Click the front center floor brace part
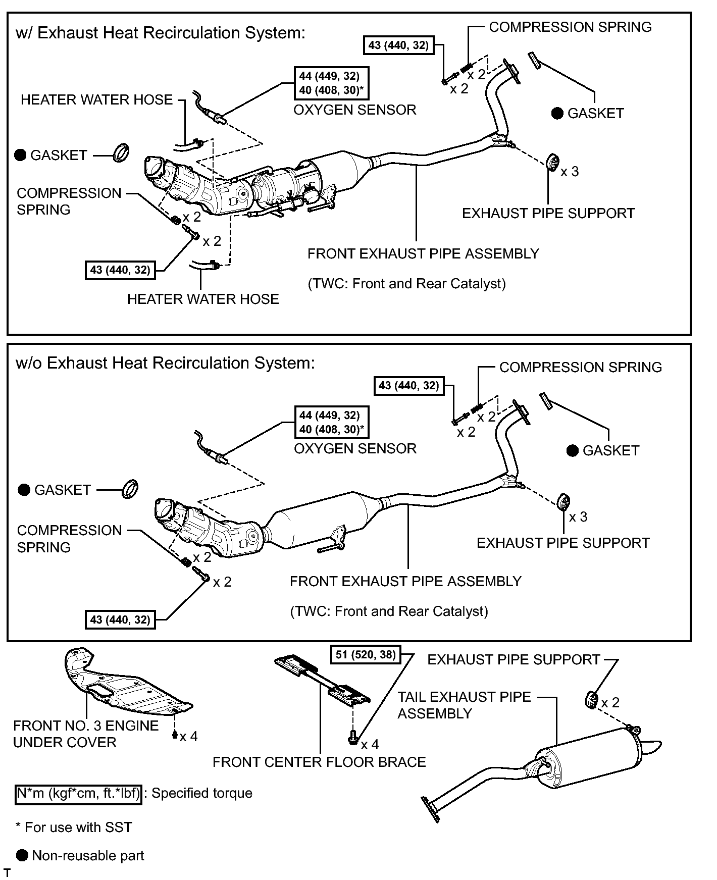[323, 679]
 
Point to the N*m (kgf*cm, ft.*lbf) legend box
[78, 793]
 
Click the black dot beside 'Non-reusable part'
[22, 855]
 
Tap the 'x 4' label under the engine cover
[188, 737]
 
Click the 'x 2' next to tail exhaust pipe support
[610, 702]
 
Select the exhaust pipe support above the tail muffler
[591, 701]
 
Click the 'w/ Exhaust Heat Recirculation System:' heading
[161, 33]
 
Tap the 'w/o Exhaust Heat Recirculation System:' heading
[165, 364]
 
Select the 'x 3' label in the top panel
[570, 172]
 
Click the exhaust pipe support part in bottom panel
[563, 501]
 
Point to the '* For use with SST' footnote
[74, 827]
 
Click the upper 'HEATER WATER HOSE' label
[97, 100]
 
